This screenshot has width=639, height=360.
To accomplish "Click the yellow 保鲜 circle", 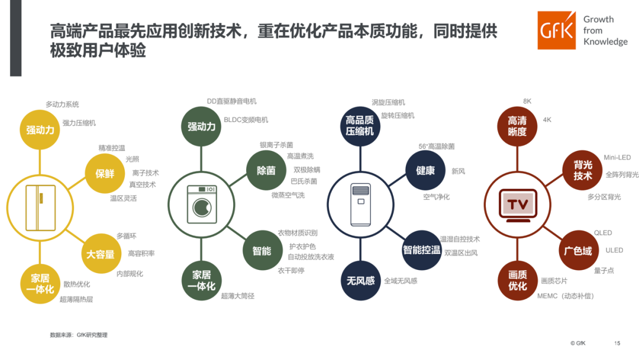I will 104,173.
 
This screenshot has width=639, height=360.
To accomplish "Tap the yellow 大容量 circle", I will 100,254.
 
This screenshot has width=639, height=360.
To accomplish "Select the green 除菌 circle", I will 266,171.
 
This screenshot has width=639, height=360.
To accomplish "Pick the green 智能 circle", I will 262,251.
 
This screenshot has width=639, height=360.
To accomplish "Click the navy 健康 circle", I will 425,171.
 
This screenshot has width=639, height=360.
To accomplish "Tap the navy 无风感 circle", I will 360,281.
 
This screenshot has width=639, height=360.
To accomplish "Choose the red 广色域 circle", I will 577,251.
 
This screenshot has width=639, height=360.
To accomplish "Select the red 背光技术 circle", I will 583,171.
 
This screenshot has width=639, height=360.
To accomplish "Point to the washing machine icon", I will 201,205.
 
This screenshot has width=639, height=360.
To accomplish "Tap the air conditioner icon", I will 360,205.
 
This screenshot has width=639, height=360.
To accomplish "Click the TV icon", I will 518,205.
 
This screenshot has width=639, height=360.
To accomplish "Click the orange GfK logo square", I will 556,31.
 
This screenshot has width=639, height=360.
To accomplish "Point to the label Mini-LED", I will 617,158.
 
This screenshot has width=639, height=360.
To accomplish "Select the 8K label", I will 527,102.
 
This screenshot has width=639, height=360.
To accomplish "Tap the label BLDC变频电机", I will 246,120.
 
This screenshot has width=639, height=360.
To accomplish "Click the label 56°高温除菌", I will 437,146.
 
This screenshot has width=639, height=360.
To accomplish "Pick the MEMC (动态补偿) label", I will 566,296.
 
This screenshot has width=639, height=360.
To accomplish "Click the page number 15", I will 617,343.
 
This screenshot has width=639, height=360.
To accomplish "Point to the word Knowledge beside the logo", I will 605,42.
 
